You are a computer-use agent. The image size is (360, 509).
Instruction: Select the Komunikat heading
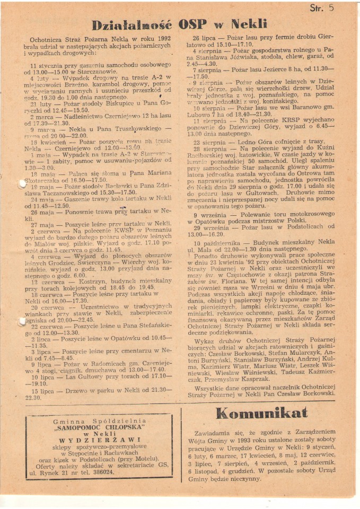[x=262, y=413]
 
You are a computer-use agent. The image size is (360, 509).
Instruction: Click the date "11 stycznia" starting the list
[x=49, y=65]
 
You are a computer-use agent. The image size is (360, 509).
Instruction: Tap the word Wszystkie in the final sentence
[x=213, y=387]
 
